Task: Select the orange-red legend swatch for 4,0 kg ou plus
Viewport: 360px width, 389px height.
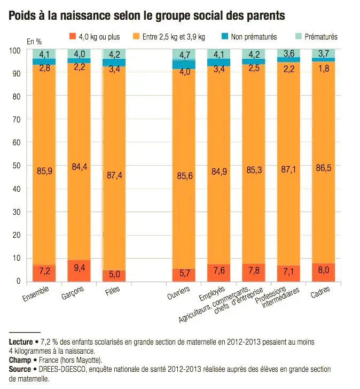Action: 73,36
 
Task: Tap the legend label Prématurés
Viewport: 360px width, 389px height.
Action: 320,37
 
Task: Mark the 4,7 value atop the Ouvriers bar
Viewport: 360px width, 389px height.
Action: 183,55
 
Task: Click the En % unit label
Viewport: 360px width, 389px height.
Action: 34,41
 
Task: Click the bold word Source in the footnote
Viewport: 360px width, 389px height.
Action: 20,369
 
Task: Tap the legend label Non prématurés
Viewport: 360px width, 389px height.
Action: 253,37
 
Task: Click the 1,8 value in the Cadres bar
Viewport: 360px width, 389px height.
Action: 323,68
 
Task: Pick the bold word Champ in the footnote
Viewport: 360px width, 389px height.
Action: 20,360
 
